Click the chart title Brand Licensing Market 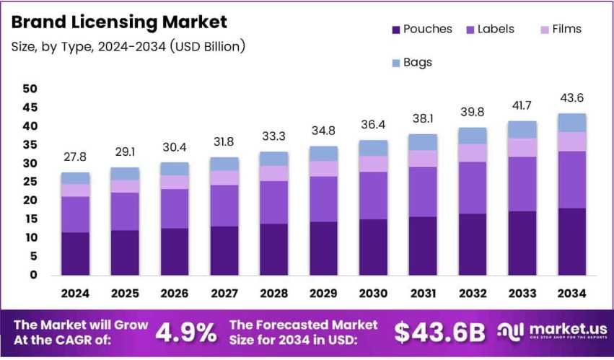119,22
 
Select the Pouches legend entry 422,30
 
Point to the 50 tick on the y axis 30,89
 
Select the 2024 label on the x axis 75,294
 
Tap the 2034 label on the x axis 571,294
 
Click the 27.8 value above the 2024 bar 75,157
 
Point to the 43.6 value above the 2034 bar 571,98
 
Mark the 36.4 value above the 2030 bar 373,125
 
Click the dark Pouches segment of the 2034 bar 571,241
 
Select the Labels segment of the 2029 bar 323,198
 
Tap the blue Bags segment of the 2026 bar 175,169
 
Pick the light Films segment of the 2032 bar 472,152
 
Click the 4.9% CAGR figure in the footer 186,332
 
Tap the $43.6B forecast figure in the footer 439,332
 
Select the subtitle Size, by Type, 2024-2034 128,48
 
